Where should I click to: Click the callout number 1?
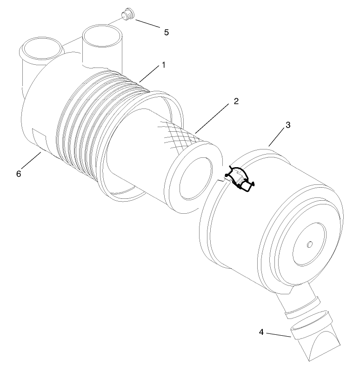[163, 66]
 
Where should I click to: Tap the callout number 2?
[236, 102]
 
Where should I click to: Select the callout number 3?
[288, 125]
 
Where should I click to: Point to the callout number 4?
[261, 332]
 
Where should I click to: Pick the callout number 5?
[166, 32]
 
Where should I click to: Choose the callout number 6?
[19, 173]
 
